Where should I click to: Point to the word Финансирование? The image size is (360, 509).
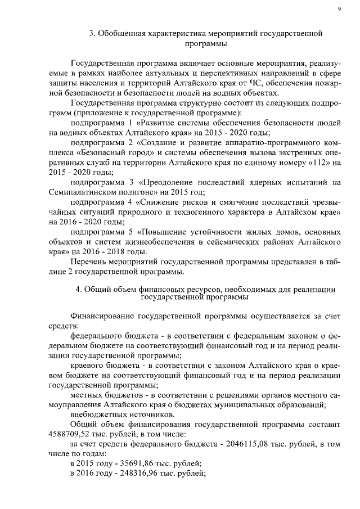pyautogui.click(x=101, y=316)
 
